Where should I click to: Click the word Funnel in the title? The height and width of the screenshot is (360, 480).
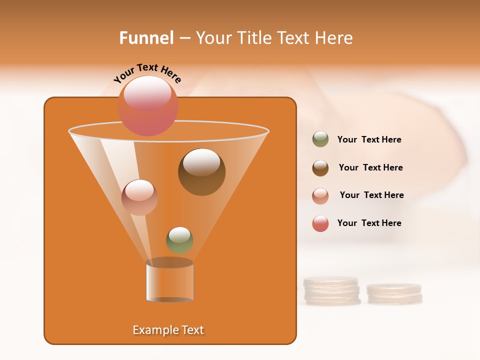click(x=146, y=38)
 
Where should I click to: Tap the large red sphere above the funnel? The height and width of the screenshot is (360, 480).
click(x=148, y=105)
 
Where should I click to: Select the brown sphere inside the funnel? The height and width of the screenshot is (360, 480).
click(x=201, y=172)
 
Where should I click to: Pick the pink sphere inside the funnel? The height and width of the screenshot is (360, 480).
click(x=139, y=197)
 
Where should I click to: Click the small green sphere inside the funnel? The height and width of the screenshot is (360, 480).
click(x=179, y=240)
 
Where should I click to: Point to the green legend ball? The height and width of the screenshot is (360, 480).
click(x=320, y=139)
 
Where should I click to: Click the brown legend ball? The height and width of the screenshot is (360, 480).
click(x=320, y=167)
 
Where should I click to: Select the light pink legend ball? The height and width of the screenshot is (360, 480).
click(x=320, y=195)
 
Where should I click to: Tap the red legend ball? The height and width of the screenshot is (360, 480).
click(x=320, y=223)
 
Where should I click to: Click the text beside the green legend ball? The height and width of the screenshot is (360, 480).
click(x=369, y=139)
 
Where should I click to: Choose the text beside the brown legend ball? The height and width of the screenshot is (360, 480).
click(x=370, y=167)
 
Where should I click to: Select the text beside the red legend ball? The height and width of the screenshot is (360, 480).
click(x=369, y=223)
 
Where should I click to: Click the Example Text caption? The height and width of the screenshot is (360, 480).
click(x=168, y=330)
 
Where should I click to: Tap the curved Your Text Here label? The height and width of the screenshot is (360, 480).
click(x=147, y=73)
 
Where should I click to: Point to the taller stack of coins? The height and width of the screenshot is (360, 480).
click(x=332, y=291)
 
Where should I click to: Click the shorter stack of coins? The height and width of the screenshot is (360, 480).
click(x=394, y=294)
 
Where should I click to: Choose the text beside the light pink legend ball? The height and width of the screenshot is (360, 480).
click(x=371, y=195)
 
